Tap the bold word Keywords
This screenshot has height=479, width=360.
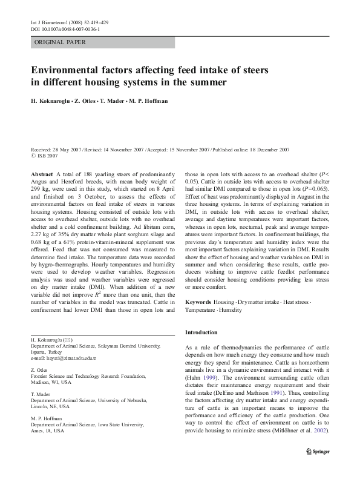pos(198,302)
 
